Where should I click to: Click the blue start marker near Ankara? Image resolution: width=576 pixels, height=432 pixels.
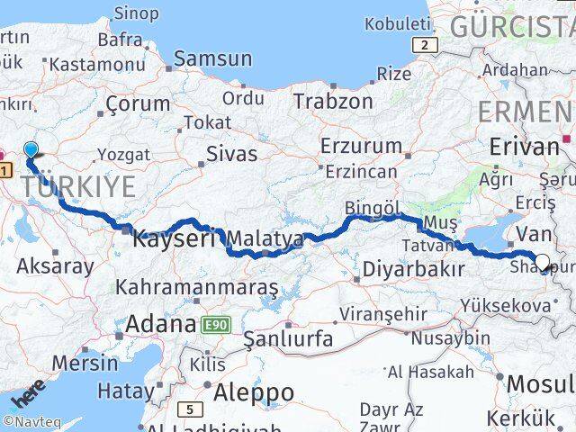[31, 151]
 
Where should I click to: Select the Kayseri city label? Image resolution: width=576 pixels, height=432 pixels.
[175, 239]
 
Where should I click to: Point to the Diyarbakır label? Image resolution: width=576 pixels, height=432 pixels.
[413, 268]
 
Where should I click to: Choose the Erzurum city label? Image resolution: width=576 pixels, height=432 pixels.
[361, 145]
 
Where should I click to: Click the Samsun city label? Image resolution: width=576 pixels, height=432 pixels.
[212, 58]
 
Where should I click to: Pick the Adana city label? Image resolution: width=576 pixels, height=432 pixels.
[161, 323]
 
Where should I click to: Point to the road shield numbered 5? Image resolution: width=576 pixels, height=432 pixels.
[190, 409]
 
